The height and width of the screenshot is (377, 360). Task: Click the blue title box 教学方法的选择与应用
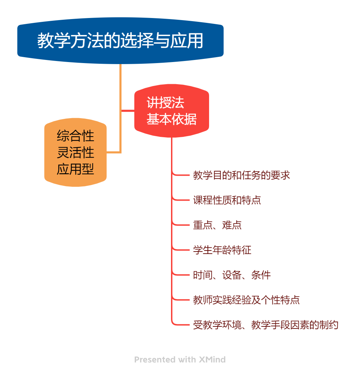120,41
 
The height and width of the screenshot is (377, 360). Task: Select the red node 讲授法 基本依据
171,111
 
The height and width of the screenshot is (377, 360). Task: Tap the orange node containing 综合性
75,152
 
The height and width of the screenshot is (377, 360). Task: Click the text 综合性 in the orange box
75,136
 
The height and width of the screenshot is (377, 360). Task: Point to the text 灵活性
75,152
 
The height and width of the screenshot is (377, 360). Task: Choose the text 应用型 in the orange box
75,169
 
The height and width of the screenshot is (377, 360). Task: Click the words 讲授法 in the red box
165,103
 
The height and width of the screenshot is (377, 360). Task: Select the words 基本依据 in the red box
171,119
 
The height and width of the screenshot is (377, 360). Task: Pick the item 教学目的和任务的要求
241,175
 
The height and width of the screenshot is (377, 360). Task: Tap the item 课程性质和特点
227,200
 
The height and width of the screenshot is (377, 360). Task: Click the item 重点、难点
217,225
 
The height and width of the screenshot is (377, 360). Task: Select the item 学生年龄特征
222,250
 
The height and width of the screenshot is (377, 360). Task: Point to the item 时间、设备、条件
232,275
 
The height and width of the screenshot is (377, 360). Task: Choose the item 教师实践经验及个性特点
246,300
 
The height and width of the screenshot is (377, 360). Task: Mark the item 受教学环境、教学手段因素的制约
265,325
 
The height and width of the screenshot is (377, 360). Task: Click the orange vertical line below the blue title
120,87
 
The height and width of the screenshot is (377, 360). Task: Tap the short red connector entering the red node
128,111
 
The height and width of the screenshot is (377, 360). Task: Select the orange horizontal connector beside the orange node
114,152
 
